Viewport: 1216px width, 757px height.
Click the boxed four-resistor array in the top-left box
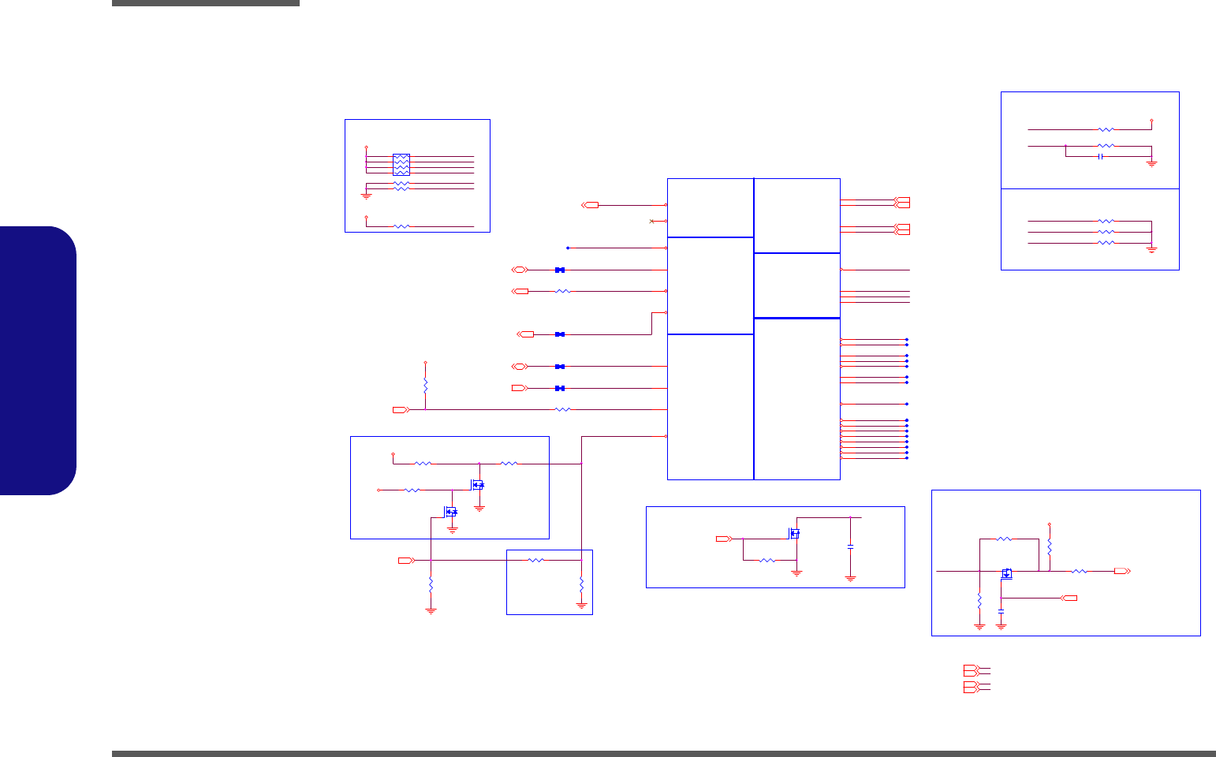[x=401, y=164]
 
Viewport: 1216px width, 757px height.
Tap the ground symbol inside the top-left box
[x=366, y=194]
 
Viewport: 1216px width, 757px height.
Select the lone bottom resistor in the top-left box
[x=401, y=226]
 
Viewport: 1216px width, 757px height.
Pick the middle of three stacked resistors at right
[x=1106, y=232]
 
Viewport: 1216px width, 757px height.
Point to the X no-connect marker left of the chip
[x=651, y=221]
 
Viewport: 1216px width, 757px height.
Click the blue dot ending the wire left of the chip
[x=568, y=248]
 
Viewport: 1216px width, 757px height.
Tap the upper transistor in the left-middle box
[x=478, y=484]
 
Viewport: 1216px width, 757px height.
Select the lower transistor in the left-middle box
[x=450, y=512]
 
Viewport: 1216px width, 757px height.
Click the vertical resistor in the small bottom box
[x=581, y=585]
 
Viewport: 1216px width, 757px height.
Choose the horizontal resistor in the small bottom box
[x=535, y=560]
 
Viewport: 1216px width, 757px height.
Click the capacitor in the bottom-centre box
[x=850, y=546]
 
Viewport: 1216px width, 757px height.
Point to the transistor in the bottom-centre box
[x=794, y=534]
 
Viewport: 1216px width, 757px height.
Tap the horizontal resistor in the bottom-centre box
[x=767, y=561]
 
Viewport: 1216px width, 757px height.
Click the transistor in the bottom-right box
[x=1006, y=573]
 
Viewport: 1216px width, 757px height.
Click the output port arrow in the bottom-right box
[x=1121, y=571]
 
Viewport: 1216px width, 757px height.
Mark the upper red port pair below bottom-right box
[x=971, y=670]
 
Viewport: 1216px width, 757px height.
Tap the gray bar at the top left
[x=206, y=3]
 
